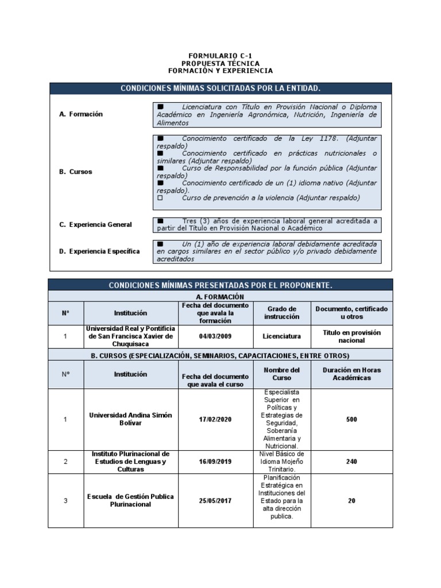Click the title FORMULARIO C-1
[220, 56]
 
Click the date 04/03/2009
[215, 336]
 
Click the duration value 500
[351, 420]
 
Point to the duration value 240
[351, 461]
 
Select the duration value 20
[351, 501]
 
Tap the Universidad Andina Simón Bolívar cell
[130, 419]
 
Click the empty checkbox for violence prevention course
[160, 198]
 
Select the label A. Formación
[81, 114]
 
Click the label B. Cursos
[75, 172]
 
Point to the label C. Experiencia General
[95, 225]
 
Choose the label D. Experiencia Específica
[99, 252]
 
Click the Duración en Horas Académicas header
[351, 374]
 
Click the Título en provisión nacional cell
[351, 336]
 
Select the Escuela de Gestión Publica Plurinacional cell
[130, 500]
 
